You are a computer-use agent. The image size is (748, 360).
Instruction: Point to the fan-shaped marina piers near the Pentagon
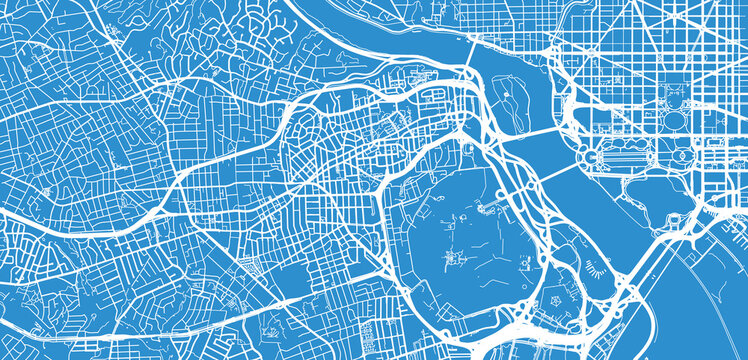click(x=597, y=264)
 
